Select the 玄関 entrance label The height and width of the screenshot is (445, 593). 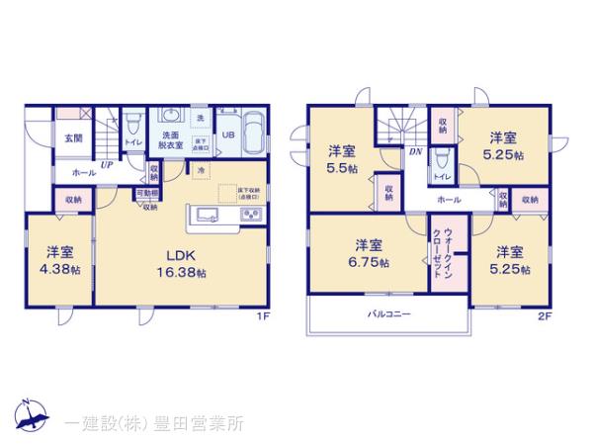point(73,137)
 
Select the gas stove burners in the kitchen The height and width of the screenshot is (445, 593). point(250,216)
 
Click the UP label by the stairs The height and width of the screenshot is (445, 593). point(106,165)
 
